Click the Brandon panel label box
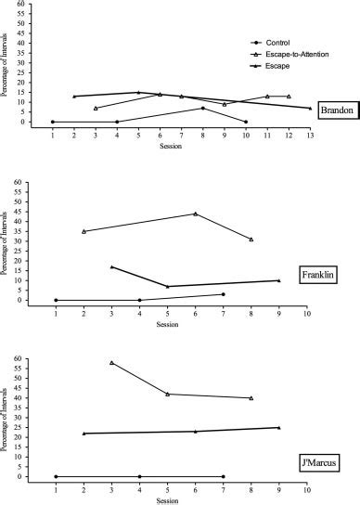click(x=334, y=110)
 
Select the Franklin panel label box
click(x=321, y=275)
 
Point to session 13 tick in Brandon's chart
click(x=310, y=135)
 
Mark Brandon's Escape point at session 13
click(x=310, y=109)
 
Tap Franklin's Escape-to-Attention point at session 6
click(x=195, y=214)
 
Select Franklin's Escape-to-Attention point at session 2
click(x=84, y=231)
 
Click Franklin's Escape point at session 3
click(x=111, y=266)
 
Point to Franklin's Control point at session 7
click(x=223, y=294)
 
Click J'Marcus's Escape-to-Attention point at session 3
click(x=111, y=362)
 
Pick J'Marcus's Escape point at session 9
click(x=278, y=428)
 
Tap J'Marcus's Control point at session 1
click(x=56, y=476)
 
